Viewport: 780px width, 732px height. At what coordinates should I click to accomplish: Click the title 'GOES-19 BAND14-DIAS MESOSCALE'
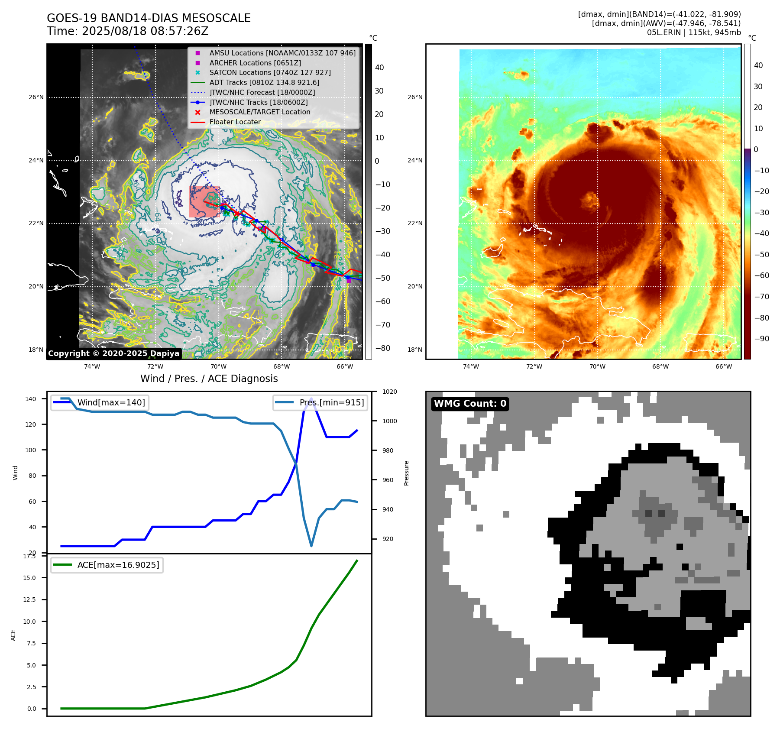pyautogui.click(x=149, y=18)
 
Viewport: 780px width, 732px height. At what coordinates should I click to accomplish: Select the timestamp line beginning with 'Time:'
pyautogui.click(x=128, y=31)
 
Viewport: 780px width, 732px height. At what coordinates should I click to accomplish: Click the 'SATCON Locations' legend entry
pyautogui.click(x=270, y=72)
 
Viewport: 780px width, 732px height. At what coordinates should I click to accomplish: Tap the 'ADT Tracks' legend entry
pyautogui.click(x=264, y=82)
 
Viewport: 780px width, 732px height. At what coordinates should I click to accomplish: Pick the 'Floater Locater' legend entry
pyautogui.click(x=235, y=122)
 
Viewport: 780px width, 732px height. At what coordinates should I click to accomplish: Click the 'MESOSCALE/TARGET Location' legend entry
pyautogui.click(x=260, y=112)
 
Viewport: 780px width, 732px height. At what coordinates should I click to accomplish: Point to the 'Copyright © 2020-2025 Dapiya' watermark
pyautogui.click(x=113, y=353)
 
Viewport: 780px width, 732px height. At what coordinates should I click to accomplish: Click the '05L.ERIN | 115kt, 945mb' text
pyautogui.click(x=694, y=32)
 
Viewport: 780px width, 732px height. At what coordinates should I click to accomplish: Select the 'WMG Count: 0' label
pyautogui.click(x=470, y=404)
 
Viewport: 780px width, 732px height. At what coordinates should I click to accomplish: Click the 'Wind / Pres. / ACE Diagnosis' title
pyautogui.click(x=209, y=379)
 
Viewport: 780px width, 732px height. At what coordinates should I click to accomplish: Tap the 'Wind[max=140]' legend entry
pyautogui.click(x=111, y=402)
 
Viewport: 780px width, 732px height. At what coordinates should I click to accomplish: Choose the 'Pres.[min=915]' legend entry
pyautogui.click(x=331, y=402)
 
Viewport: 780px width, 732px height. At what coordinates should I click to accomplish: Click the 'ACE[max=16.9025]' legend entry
pyautogui.click(x=118, y=565)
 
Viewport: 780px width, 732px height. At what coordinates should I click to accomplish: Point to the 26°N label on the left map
pyautogui.click(x=36, y=97)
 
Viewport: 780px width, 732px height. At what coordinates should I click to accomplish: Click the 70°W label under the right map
pyautogui.click(x=597, y=366)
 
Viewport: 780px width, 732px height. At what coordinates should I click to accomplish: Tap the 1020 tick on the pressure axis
pyautogui.click(x=389, y=392)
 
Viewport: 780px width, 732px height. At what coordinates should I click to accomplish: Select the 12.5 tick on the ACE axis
pyautogui.click(x=29, y=599)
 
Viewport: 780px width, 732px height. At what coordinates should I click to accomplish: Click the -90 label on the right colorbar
pyautogui.click(x=761, y=339)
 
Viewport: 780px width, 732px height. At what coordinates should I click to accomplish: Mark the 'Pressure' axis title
pyautogui.click(x=406, y=473)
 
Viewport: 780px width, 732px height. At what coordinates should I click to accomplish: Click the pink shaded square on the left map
pyautogui.click(x=204, y=201)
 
